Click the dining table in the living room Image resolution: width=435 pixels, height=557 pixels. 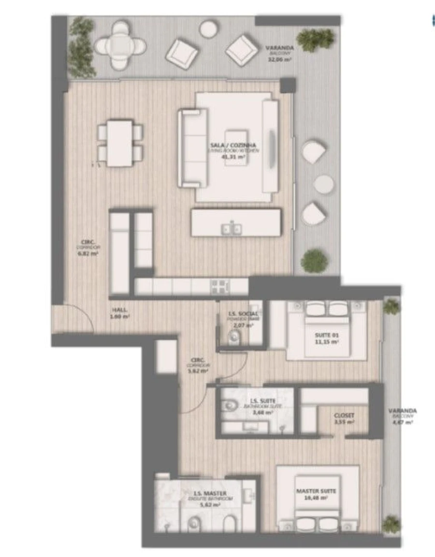point(120,143)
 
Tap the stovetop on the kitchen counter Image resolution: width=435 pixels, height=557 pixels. point(220,286)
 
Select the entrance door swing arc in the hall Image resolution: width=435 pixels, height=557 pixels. point(80,317)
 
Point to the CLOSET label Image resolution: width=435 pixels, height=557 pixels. point(344,415)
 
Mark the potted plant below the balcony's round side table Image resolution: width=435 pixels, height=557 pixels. point(314,261)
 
